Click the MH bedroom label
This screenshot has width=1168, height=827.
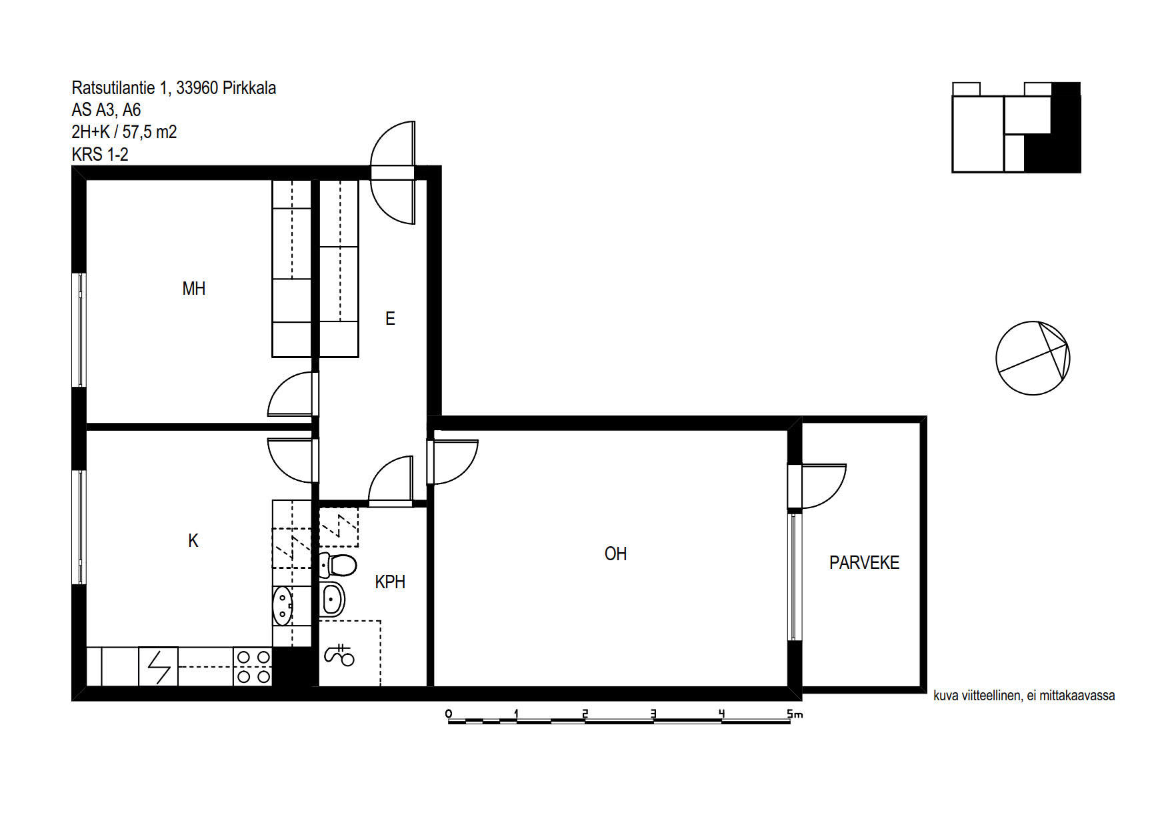point(194,289)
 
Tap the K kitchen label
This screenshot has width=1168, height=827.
point(193,540)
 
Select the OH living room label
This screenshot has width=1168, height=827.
point(615,554)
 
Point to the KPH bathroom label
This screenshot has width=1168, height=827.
point(390,582)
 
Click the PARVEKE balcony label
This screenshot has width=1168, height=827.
point(864,563)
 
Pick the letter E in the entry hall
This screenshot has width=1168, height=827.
point(390,319)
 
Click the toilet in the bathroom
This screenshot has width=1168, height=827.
point(337,565)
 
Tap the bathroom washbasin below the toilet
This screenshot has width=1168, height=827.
point(332,599)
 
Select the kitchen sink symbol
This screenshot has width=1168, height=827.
point(283,606)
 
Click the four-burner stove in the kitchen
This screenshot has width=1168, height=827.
point(253,666)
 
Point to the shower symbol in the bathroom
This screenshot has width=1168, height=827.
point(339,655)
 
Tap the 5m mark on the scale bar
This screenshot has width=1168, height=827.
point(794,714)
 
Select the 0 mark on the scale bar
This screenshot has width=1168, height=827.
point(449,714)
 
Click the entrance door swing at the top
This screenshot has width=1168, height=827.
point(393,173)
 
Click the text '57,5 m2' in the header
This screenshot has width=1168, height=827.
point(150,132)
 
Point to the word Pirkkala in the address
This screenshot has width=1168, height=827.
point(249,87)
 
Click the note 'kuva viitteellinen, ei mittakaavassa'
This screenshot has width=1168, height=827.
point(1024,696)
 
